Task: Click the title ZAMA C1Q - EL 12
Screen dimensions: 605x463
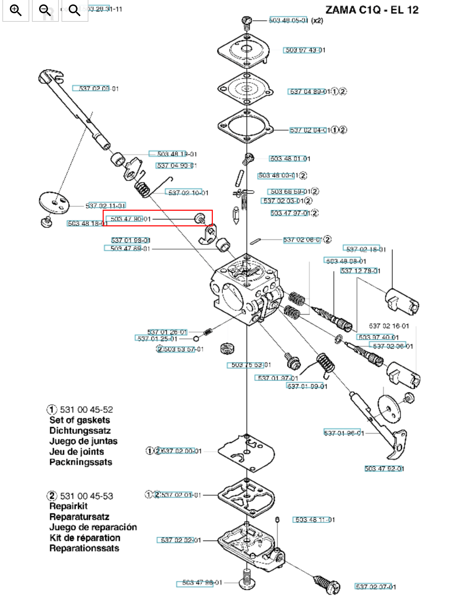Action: tap(372, 10)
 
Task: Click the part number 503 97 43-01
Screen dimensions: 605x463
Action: tap(305, 50)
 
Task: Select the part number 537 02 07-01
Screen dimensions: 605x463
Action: tap(375, 587)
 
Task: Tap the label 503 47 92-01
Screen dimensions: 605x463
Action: tap(384, 469)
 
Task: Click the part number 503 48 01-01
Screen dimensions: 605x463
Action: tap(290, 159)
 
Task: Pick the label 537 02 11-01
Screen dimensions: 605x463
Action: tap(105, 206)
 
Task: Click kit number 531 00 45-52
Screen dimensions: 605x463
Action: tap(86, 410)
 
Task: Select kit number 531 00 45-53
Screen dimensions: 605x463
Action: tap(86, 496)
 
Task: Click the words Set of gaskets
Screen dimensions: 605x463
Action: tap(80, 420)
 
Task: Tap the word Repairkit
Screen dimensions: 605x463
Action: tap(68, 506)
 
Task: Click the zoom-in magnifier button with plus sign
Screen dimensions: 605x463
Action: tap(16, 11)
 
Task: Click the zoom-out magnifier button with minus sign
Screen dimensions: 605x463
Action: tap(45, 11)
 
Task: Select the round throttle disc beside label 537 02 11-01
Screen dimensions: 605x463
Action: tap(54, 203)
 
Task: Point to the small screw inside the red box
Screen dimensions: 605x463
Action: tap(200, 218)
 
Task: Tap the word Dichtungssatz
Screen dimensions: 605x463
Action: tap(80, 431)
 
